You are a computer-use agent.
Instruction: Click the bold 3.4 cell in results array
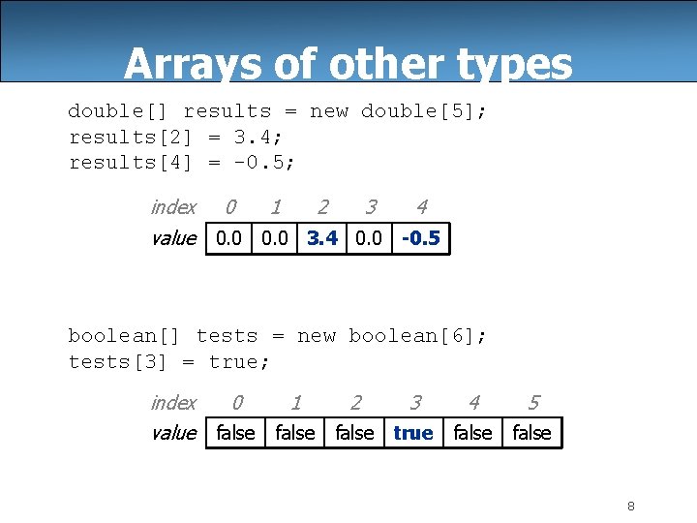tap(322, 238)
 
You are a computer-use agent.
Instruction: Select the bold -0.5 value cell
tap(420, 238)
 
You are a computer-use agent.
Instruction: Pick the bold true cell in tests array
tap(413, 433)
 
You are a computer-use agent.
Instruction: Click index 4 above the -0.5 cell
tap(421, 207)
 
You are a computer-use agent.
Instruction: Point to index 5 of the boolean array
tap(533, 403)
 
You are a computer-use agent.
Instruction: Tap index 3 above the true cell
tap(415, 403)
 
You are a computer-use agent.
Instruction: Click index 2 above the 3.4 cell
tap(322, 207)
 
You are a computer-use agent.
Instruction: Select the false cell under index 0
tap(235, 433)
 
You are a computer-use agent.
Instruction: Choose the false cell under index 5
tap(531, 433)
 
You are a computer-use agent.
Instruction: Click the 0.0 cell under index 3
tap(369, 238)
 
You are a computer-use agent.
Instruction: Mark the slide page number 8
tap(630, 506)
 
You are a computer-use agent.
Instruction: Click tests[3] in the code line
tap(117, 361)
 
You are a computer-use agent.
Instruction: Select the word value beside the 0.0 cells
tap(173, 238)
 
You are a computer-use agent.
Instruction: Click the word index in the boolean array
tap(173, 403)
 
